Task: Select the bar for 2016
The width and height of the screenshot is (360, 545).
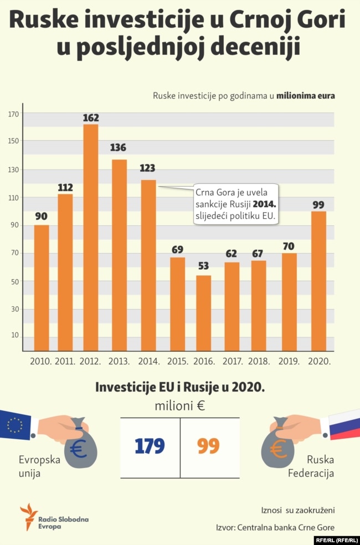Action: point(204,313)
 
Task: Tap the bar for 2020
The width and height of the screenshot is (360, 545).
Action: point(318,281)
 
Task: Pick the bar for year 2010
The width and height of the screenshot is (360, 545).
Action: point(42,287)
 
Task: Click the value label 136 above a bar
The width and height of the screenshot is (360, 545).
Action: point(119,148)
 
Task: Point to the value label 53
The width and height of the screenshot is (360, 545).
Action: point(204,265)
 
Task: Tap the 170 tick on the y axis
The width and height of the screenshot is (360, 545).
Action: point(14,114)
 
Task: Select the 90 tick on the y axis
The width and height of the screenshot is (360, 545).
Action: point(14,225)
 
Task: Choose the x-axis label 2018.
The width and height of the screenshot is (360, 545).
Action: point(259,361)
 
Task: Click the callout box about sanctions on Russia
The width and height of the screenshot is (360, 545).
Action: point(236,205)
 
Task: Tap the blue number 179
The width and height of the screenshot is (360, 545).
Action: point(150,446)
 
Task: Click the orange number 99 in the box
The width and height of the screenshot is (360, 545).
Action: point(208,446)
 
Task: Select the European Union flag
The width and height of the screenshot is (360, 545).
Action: point(15,425)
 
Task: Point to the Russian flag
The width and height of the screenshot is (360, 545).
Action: point(344,424)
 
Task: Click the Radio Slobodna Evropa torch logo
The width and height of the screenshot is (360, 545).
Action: point(28,516)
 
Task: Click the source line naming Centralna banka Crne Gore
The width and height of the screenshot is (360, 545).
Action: point(275,527)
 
